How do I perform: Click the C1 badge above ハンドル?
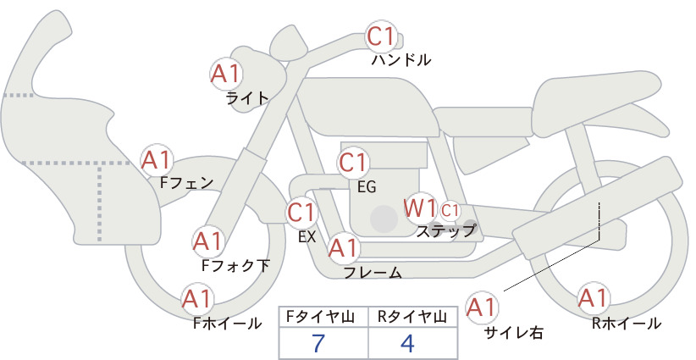pos(381,36)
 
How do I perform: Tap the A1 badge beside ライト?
pos(226,74)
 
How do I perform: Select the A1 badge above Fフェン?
pos(157,160)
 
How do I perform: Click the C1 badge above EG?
pos(353,163)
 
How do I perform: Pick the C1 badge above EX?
pos(301,213)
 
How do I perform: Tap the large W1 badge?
pos(419,208)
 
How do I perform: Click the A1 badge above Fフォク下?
pos(207,241)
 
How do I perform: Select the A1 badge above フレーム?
pos(344,248)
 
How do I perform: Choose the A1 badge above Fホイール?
pos(197,299)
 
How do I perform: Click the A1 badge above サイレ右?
pos(482,307)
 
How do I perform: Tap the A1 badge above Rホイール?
pos(593,298)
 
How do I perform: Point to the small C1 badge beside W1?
pos(450,211)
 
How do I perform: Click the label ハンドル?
pos(400,60)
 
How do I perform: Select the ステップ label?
pos(445,231)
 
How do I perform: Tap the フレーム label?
pos(373,273)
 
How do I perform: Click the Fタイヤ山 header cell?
pos(323,317)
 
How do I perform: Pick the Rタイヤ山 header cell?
pos(413,317)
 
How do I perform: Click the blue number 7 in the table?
pos(318,343)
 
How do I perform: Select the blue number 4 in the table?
pos(407,343)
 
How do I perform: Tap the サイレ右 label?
pos(514,333)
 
